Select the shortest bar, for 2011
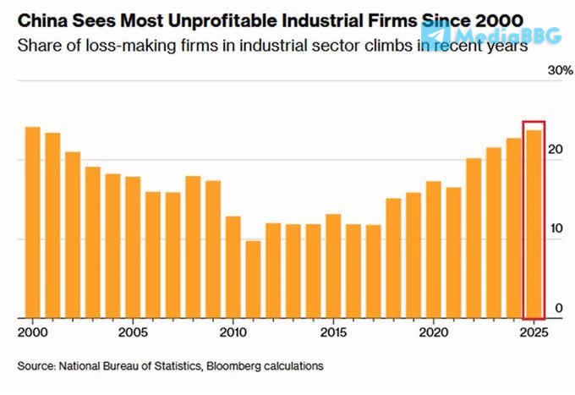tap(253, 280)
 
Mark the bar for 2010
tap(233, 267)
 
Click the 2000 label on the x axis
tap(33, 332)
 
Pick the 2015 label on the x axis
tap(333, 332)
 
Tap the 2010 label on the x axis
tap(233, 332)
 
